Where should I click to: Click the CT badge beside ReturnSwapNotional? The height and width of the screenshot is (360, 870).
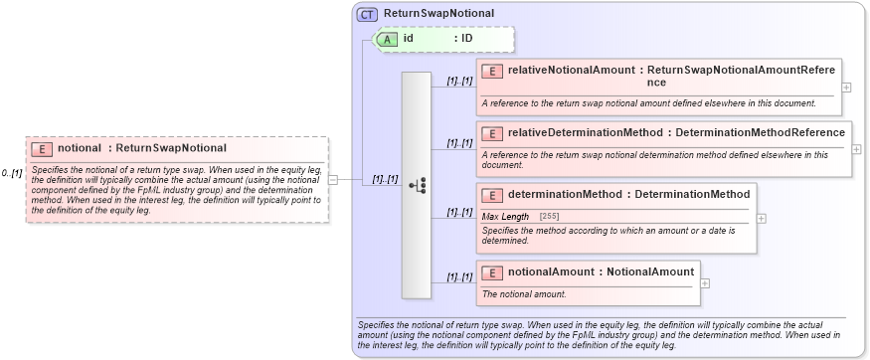coord(368,14)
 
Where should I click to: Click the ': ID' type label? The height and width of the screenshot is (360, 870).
coord(463,39)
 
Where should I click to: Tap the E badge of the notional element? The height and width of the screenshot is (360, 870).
coord(42,148)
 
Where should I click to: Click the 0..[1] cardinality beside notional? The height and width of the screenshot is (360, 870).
coord(12,173)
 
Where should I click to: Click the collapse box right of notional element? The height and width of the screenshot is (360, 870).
coord(333,180)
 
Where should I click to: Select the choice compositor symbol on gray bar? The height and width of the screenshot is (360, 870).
coord(418,185)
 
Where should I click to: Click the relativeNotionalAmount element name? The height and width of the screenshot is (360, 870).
coord(574,72)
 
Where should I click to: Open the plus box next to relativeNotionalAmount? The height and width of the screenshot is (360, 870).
coord(846,87)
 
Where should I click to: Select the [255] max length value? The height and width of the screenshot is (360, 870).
coord(548,216)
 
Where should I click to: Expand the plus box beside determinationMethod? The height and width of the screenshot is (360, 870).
coord(762,218)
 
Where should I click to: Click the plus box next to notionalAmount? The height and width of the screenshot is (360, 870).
coord(705,282)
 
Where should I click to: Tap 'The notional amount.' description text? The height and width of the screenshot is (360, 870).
coord(524,293)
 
